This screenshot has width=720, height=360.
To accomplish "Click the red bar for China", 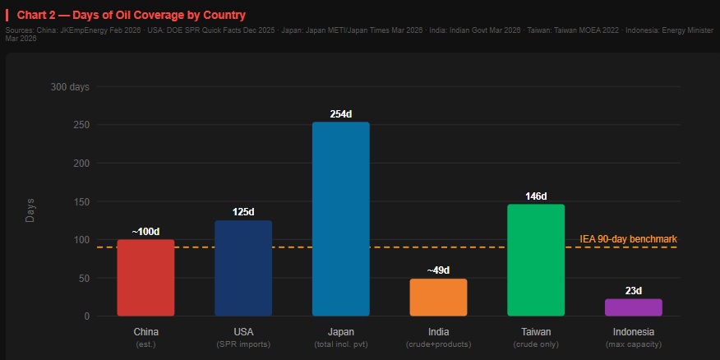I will (x=145, y=278).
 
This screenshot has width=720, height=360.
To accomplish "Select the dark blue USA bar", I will (x=243, y=268).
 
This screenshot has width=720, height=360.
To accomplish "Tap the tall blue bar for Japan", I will (x=340, y=219).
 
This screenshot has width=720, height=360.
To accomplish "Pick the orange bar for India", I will (x=438, y=298).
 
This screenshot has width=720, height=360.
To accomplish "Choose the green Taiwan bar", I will (x=536, y=260).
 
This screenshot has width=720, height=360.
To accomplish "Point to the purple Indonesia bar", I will (x=634, y=307).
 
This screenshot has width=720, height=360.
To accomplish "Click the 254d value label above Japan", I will (x=340, y=114).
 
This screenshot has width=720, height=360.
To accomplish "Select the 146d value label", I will (x=536, y=196).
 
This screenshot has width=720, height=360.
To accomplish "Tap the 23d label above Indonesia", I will (x=634, y=291).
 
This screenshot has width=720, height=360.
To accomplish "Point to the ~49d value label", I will (x=438, y=270).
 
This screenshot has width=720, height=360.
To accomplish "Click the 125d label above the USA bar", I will (x=243, y=212).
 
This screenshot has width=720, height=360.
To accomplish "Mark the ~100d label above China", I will (x=145, y=231).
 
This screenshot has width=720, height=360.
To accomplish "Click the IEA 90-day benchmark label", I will (x=628, y=239).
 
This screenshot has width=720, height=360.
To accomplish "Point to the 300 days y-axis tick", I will (x=70, y=87).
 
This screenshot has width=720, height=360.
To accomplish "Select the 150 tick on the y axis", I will (x=81, y=201).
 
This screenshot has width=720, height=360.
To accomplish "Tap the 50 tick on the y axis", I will (x=83, y=278).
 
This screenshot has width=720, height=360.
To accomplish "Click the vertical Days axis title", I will (x=30, y=210).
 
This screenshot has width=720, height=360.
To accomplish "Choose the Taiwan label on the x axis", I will (x=536, y=332).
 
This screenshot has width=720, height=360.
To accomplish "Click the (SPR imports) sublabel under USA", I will (x=243, y=344).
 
